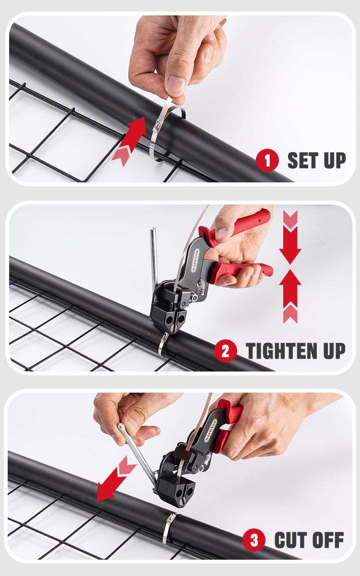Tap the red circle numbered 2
click(x=226, y=351)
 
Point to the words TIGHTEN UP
click(x=295, y=351)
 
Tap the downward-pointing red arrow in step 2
click(x=290, y=240)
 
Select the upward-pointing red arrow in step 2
click(x=290, y=293)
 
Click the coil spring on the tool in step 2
click(x=200, y=288)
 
